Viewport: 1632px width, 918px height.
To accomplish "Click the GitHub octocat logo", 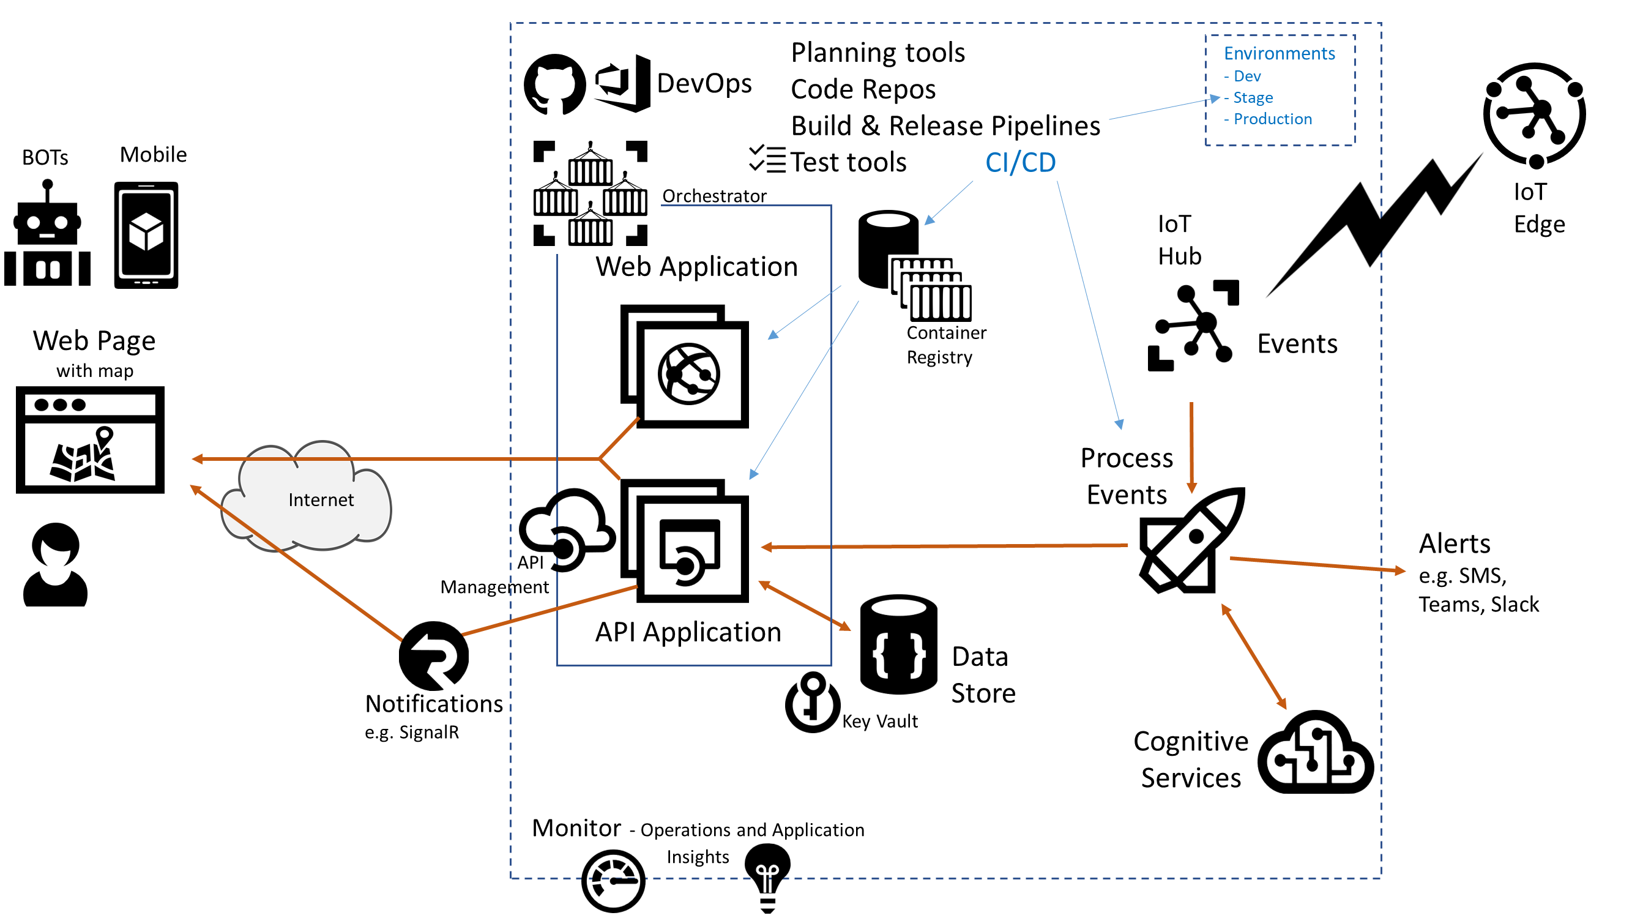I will (554, 84).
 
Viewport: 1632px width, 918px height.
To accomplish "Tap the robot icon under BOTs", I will (47, 234).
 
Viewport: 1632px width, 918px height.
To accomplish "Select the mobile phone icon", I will (146, 235).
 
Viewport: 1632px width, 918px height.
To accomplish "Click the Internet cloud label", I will (321, 500).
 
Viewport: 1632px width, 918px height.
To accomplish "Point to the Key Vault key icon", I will (811, 702).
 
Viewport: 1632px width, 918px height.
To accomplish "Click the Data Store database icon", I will (898, 644).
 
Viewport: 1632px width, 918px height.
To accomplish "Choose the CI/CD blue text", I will (1020, 163).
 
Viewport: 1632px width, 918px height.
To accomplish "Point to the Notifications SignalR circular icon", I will (434, 655).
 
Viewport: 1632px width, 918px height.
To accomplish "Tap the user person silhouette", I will (56, 564).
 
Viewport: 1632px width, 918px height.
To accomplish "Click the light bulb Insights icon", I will (767, 878).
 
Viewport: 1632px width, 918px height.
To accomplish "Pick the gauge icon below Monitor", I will (613, 881).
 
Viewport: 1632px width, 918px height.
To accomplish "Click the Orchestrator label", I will (714, 196).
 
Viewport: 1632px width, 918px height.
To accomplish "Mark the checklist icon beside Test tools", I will (767, 159).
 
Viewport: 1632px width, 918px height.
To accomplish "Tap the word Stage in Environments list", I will (1253, 97).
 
